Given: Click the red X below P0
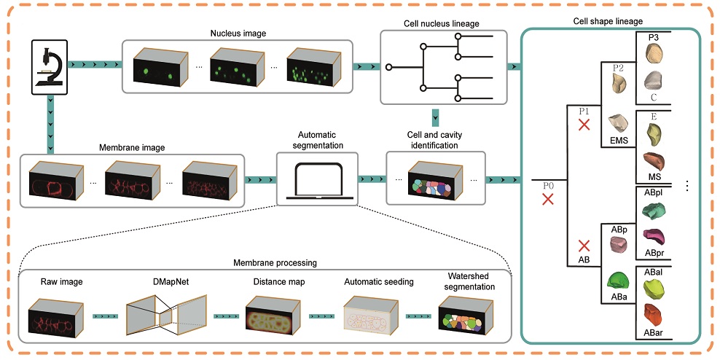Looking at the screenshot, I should click(548, 197).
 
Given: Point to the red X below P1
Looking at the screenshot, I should click(583, 124).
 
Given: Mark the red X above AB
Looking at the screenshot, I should click(583, 246).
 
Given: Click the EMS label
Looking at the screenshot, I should click(619, 141).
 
